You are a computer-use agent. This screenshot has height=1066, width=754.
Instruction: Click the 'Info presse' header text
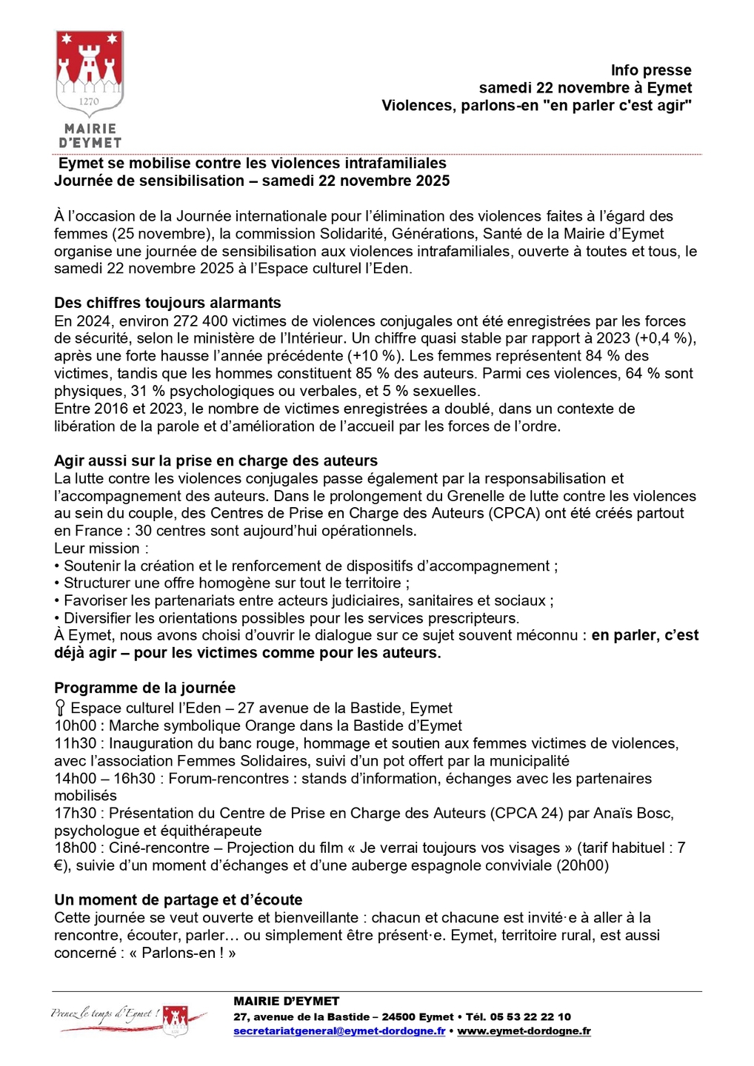click(650, 70)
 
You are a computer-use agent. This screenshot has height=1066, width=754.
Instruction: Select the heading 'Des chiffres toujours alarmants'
click(167, 303)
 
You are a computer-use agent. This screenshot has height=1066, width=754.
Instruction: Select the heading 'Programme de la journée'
click(144, 688)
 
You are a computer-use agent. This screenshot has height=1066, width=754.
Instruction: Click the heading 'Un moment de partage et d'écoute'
click(179, 900)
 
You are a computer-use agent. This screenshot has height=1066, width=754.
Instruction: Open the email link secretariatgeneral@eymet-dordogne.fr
click(339, 1031)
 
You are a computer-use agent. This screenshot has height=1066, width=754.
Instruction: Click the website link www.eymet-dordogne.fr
click(524, 1031)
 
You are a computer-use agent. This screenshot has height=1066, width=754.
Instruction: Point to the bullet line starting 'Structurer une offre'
click(232, 583)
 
